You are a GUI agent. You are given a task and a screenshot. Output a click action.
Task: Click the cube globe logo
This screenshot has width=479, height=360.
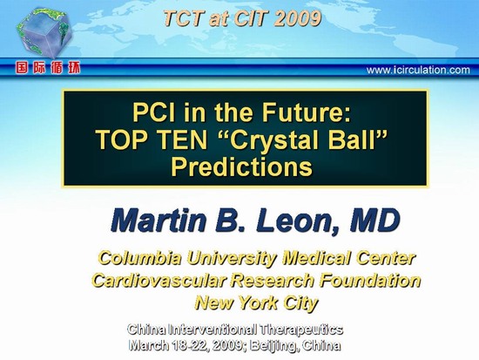coord(44,33)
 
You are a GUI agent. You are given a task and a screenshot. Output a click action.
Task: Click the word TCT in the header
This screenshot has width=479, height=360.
coord(184,18)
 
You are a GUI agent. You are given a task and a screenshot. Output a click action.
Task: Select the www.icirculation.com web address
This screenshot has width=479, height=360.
coord(418,70)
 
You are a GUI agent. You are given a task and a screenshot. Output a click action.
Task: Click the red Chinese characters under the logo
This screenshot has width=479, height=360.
coord(48,68)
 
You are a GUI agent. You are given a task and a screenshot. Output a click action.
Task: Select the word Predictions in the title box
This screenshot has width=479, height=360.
coord(241,167)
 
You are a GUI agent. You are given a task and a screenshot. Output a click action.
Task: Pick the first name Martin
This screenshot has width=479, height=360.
coord(159,221)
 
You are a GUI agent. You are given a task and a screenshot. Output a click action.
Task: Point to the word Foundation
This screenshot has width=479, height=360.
coord(369,280)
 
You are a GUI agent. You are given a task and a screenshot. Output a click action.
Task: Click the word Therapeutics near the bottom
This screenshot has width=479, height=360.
coord(302,329)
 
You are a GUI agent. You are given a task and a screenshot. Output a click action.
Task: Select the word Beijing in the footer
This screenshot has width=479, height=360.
coord(273,345)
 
